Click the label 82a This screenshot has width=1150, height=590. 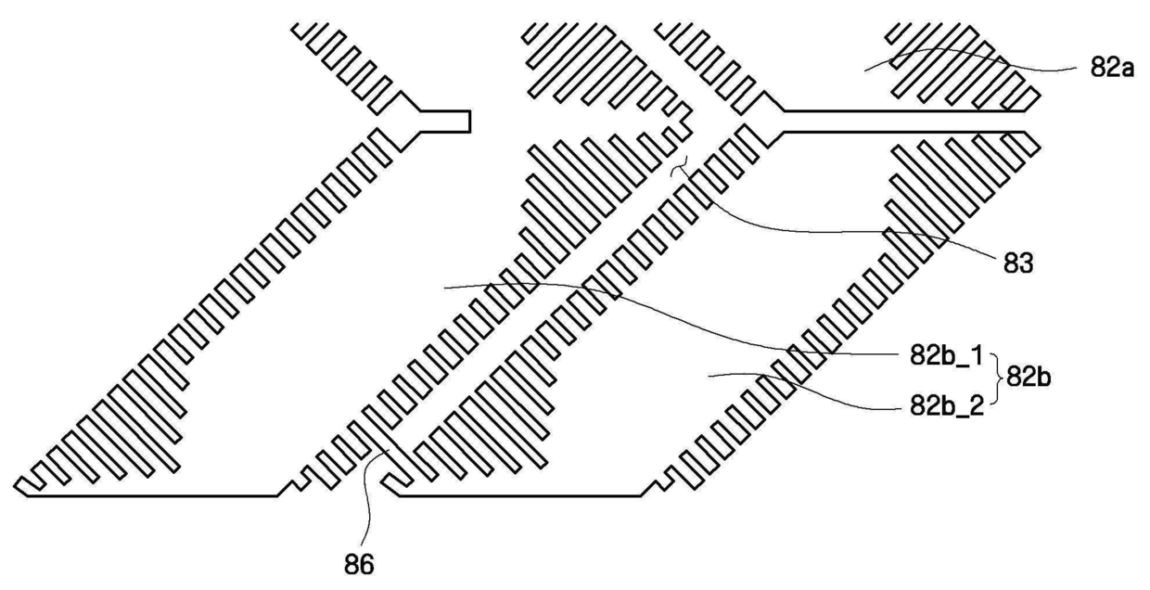1112,68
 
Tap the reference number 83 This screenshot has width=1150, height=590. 1018,264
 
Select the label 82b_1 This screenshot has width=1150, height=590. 946,355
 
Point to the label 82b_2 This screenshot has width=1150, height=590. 947,405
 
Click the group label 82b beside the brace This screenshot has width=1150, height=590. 1029,378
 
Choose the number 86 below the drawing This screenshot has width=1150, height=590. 359,565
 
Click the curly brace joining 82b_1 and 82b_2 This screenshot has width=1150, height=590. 996,379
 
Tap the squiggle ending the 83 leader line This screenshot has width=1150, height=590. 680,166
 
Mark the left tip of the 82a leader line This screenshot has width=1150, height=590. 864,71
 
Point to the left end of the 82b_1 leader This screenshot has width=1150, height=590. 444,289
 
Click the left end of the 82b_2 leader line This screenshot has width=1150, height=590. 709,378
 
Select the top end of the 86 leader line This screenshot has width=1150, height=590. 389,450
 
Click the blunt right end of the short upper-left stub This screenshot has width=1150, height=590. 469,122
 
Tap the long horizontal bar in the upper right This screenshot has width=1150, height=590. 903,122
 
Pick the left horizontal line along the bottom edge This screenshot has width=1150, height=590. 152,495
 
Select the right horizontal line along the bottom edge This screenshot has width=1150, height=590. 520,495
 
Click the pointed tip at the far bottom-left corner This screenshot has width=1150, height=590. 15,486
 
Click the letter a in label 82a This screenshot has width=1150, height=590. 1126,71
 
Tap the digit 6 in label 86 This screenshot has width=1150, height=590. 367,565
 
